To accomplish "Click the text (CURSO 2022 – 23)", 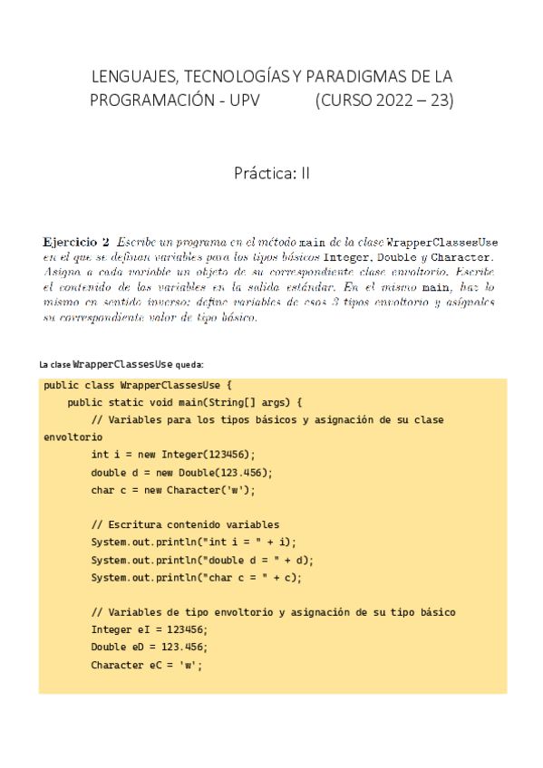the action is click(383, 100).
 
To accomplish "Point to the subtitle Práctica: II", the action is click(271, 173).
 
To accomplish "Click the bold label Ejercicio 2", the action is click(76, 243).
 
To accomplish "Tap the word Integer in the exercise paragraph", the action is click(347, 257).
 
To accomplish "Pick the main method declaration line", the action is click(185, 402).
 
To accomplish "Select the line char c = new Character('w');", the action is click(173, 490).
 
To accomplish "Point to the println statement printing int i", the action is click(193, 542).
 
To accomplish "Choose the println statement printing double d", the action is click(203, 560).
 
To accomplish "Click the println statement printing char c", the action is click(196, 577).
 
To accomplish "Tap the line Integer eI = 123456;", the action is click(150, 629).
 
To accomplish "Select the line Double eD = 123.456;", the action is click(150, 647).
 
